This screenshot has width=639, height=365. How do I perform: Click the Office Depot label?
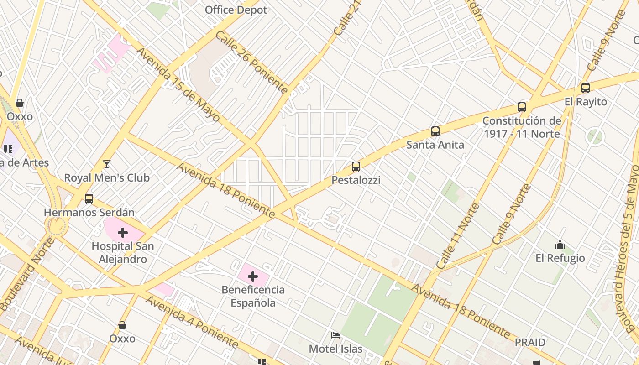[x=236, y=10]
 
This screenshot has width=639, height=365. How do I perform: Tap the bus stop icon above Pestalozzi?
[x=356, y=167]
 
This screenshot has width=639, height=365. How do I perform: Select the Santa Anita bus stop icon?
[x=435, y=131]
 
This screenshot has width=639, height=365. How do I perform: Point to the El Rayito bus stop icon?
[x=586, y=88]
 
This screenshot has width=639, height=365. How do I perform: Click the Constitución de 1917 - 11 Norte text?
[x=522, y=127]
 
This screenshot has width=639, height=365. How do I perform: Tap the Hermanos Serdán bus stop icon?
[x=89, y=199]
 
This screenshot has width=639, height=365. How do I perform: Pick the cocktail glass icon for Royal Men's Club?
[x=107, y=164]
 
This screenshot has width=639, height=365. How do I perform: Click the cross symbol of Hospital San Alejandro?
[x=122, y=233]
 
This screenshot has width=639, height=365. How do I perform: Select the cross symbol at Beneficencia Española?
[x=253, y=276]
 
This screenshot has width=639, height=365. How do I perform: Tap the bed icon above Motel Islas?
[x=335, y=335]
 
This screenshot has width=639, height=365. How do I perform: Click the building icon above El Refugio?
[x=560, y=245]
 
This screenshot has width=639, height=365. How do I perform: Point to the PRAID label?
[x=530, y=342]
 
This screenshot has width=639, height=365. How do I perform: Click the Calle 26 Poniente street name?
[x=251, y=62]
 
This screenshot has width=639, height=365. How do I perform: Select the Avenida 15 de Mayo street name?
[x=178, y=85]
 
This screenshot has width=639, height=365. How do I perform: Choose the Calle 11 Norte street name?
[x=458, y=236]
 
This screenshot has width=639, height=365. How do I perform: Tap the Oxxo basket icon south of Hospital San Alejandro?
[x=122, y=325]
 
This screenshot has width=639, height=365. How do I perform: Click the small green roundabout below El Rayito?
[x=595, y=136]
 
